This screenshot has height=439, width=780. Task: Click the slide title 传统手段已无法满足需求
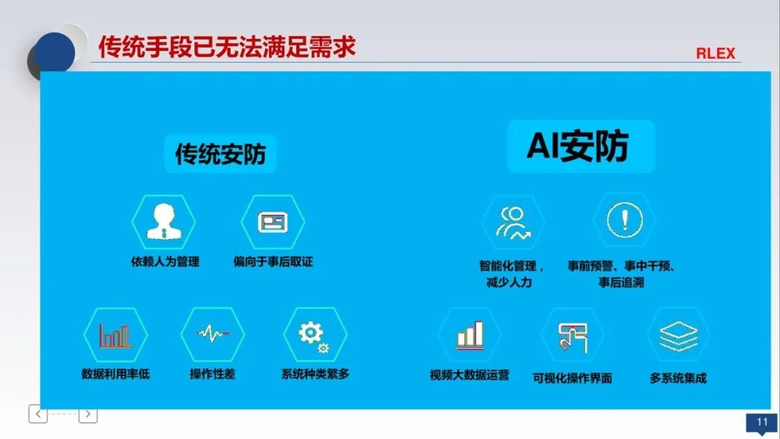click(x=227, y=47)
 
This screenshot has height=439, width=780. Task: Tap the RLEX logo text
click(x=715, y=53)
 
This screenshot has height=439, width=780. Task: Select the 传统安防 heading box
click(x=220, y=153)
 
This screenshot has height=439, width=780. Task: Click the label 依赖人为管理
click(x=163, y=261)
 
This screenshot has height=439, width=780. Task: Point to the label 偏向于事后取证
click(x=273, y=261)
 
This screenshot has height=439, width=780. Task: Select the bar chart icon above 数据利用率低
click(x=116, y=335)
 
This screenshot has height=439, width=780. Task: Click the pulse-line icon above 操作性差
click(x=212, y=334)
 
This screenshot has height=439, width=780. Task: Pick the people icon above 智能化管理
click(x=513, y=222)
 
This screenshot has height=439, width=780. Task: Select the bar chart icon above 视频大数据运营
click(x=469, y=335)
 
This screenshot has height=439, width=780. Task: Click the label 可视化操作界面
click(x=572, y=378)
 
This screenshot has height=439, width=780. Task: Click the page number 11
click(x=761, y=422)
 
